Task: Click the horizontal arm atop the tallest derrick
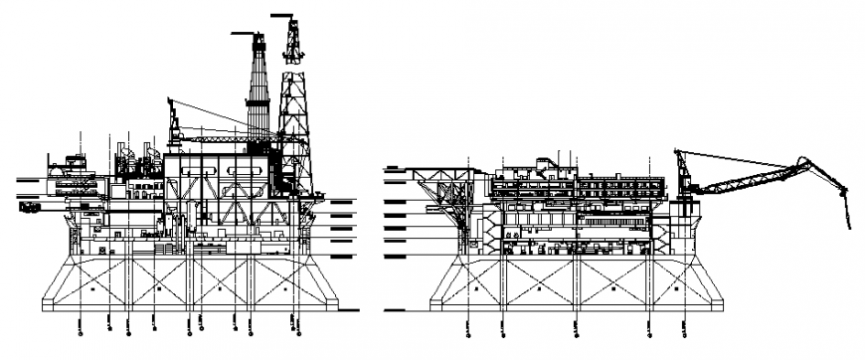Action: tap(283, 15)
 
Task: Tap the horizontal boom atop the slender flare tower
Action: tap(245, 34)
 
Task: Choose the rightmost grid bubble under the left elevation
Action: tap(294, 321)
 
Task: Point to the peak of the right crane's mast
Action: tap(679, 151)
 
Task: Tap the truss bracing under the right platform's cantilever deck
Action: tap(447, 194)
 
